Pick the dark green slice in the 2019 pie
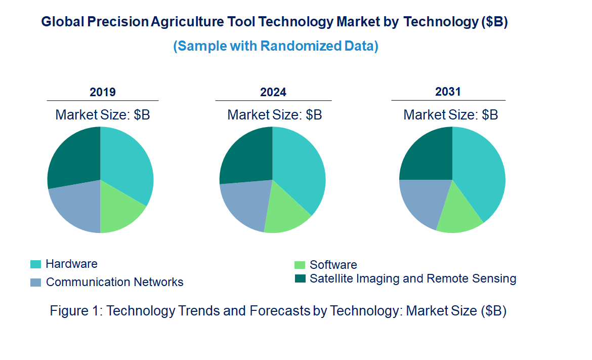pyautogui.click(x=73, y=157)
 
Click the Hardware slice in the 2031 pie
pyautogui.click(x=481, y=172)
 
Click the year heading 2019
pyautogui.click(x=103, y=92)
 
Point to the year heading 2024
pyautogui.click(x=273, y=92)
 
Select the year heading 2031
pyautogui.click(x=448, y=92)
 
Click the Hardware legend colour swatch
pyautogui.click(x=35, y=264)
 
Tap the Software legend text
pyautogui.click(x=333, y=265)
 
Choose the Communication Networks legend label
pyautogui.click(x=114, y=282)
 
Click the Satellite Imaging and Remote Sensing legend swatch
pyautogui.click(x=300, y=278)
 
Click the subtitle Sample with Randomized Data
pyautogui.click(x=276, y=46)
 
